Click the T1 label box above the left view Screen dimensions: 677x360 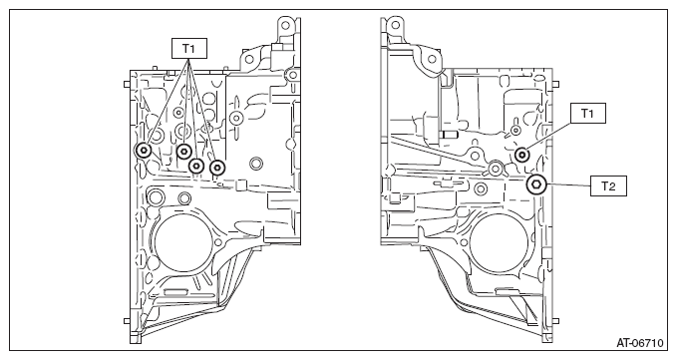pyautogui.click(x=189, y=48)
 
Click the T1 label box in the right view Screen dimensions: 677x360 pyautogui.click(x=587, y=113)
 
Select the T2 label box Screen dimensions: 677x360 pyautogui.click(x=608, y=186)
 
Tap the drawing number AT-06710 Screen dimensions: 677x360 pyautogui.click(x=639, y=343)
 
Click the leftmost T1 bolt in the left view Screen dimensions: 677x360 pyautogui.click(x=143, y=151)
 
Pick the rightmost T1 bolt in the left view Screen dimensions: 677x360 pyautogui.click(x=216, y=168)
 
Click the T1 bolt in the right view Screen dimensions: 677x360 pyautogui.click(x=522, y=155)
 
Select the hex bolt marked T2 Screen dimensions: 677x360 pyautogui.click(x=536, y=184)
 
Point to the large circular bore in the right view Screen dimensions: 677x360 pyautogui.click(x=499, y=243)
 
